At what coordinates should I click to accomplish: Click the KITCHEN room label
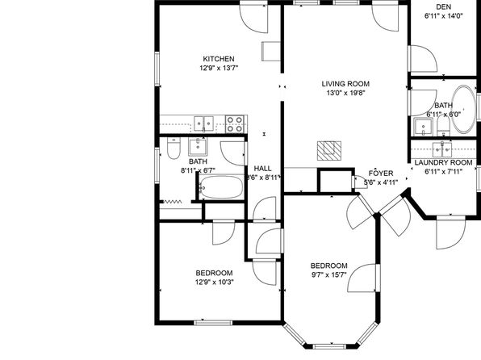[219, 59]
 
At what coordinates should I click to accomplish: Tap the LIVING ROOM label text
[345, 83]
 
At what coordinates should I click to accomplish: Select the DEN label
[443, 6]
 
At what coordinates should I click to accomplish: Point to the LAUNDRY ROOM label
[443, 162]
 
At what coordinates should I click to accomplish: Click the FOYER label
[381, 173]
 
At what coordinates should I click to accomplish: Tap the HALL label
[262, 168]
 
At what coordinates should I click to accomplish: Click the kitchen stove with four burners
[236, 124]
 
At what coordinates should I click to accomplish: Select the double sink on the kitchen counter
[203, 123]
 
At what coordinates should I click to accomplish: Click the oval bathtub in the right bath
[464, 109]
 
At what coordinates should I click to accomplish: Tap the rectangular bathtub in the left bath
[221, 186]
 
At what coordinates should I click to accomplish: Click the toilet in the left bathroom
[174, 149]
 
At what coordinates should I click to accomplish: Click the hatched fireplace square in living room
[329, 150]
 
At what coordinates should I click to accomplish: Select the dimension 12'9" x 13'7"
[219, 68]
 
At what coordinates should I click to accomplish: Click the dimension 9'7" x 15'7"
[328, 274]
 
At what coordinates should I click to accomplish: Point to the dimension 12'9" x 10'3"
[215, 282]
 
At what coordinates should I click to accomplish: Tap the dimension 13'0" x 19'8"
[345, 93]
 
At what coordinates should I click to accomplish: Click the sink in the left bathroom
[198, 147]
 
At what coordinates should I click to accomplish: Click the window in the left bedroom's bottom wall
[213, 323]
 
